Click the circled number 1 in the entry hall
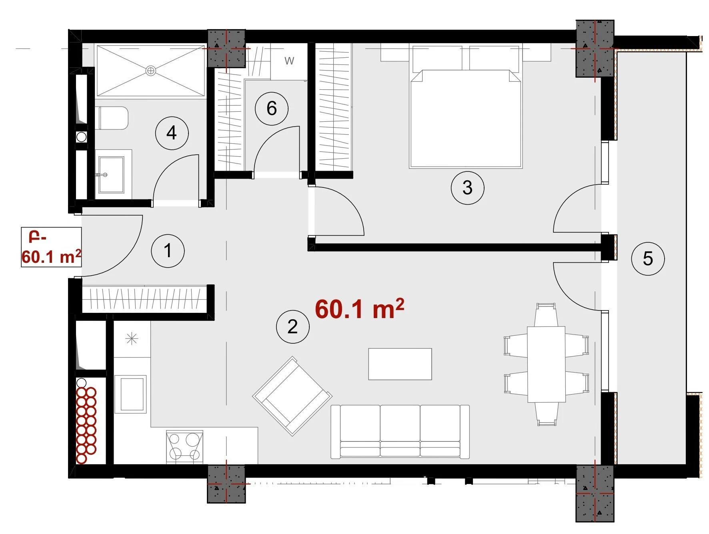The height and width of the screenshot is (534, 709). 168,251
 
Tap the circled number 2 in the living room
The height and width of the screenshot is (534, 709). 293,327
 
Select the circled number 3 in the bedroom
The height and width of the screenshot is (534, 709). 467,187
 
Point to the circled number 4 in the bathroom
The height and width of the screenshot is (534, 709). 172,133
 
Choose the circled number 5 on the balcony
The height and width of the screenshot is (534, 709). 648,258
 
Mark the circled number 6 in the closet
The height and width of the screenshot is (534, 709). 272,108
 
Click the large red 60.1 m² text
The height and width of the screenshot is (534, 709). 359,308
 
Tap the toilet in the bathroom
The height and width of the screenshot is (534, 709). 112,118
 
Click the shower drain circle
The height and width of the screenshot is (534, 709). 151,71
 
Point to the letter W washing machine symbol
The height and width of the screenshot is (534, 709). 289,61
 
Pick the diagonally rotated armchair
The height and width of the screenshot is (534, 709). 292,396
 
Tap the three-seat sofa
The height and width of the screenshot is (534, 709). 400,431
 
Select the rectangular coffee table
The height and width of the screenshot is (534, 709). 400,364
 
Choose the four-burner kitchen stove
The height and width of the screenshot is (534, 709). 185,447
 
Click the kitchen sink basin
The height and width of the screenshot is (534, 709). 130,394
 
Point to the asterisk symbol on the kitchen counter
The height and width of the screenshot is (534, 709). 132,339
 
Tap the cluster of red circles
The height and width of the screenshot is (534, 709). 86,425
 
